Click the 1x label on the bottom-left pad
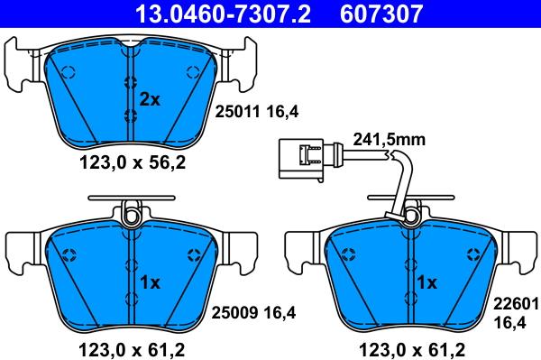pos(149,282)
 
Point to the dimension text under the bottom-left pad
pos(127,345)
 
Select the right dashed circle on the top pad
pos(191,73)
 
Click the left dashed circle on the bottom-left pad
pos(69,254)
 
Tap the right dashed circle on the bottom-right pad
pos(468,254)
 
